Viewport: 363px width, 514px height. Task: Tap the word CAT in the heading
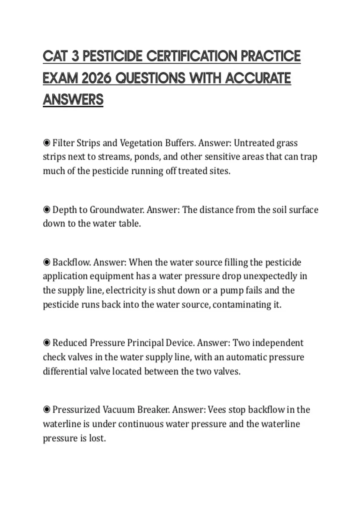pyautogui.click(x=55, y=56)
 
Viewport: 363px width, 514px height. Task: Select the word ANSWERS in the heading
pyautogui.click(x=73, y=100)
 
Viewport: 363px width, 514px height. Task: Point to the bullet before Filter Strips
pyautogui.click(x=47, y=143)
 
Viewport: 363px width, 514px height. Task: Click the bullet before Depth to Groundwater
pyautogui.click(x=47, y=210)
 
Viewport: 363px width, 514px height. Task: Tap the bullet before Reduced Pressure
pyautogui.click(x=47, y=343)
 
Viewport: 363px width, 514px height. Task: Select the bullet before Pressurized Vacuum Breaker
pyautogui.click(x=47, y=410)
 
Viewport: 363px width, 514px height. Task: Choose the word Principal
pyautogui.click(x=145, y=343)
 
